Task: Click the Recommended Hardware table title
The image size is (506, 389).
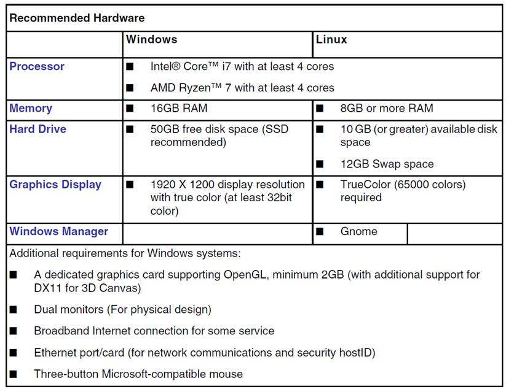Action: click(77, 18)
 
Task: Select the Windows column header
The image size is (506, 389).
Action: click(151, 39)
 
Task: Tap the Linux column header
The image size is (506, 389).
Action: click(331, 39)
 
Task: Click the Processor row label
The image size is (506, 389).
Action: click(37, 66)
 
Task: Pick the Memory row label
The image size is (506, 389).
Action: click(31, 109)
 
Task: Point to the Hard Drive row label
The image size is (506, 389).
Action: click(38, 129)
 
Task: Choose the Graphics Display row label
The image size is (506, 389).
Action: click(55, 185)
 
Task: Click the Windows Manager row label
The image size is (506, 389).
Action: click(59, 232)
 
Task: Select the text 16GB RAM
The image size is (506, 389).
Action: click(179, 109)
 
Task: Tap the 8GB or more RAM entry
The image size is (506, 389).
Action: click(387, 109)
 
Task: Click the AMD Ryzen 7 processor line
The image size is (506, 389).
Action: click(242, 88)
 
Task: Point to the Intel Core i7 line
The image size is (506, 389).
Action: click(242, 66)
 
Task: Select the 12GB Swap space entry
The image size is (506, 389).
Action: click(387, 164)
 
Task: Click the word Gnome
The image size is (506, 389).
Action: click(358, 232)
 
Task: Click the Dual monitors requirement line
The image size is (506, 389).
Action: click(122, 310)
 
